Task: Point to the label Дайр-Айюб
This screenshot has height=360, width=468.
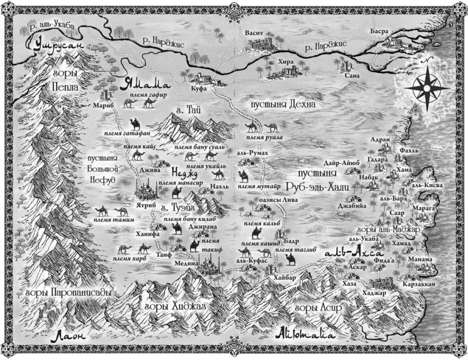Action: pyautogui.click(x=340, y=162)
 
